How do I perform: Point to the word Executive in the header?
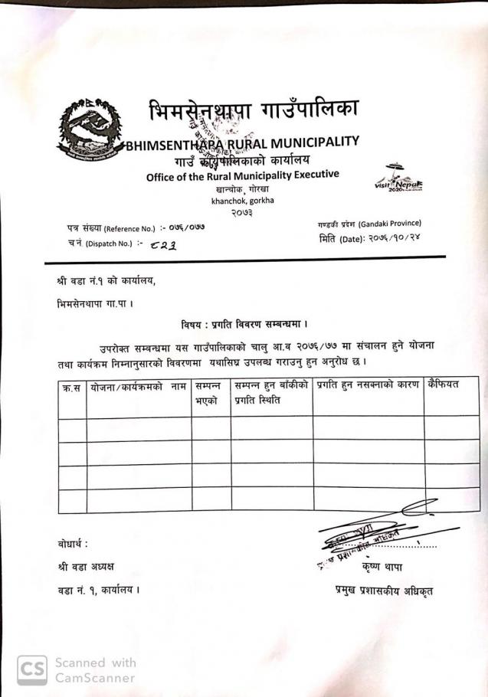tap(311, 175)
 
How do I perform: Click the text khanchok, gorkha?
tap(243, 201)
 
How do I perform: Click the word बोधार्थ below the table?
tap(73, 544)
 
